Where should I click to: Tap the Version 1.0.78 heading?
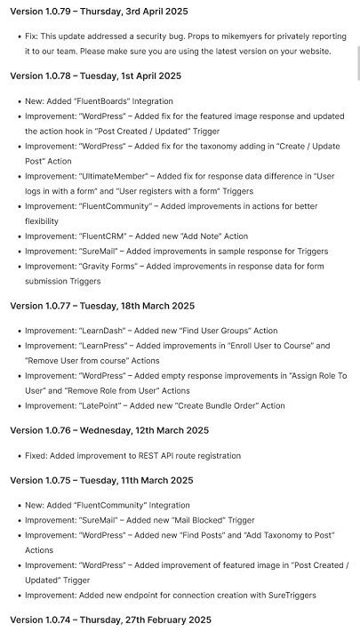point(95,76)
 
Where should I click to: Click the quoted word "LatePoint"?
point(103,405)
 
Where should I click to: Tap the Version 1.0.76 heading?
point(109,430)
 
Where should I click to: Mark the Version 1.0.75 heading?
point(101,480)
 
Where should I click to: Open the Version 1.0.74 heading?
point(110,620)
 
